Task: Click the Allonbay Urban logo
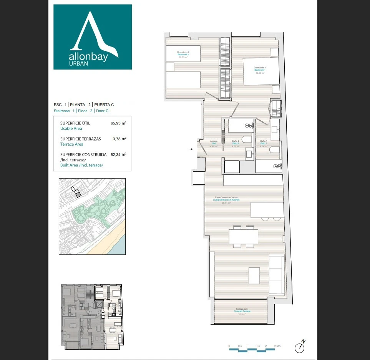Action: point(93,37)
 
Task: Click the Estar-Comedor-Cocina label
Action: point(226,200)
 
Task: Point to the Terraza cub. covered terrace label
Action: point(242,311)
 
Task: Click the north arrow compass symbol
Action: point(300,347)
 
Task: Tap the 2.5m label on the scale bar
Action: point(277,346)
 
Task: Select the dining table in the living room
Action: point(243,236)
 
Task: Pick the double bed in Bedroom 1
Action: point(261,72)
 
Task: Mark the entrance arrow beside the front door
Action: point(191,149)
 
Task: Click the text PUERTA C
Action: point(104,105)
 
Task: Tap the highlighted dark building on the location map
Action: point(78,195)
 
